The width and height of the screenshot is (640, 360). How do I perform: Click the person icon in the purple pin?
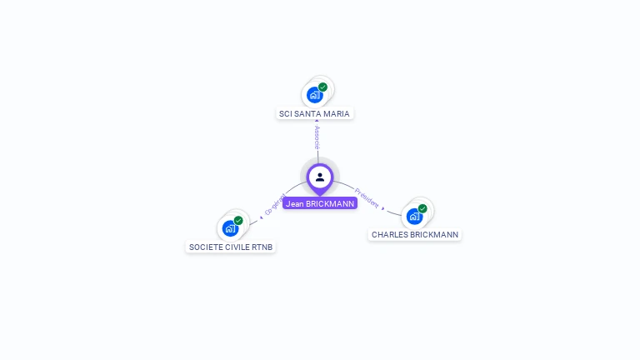(x=320, y=177)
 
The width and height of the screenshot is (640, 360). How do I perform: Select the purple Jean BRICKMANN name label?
(x=320, y=203)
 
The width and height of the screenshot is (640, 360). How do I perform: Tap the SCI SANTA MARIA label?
(x=315, y=113)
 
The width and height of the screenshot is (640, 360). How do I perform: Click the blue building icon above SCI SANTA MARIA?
(x=314, y=95)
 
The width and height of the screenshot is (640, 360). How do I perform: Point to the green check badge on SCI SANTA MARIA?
(x=322, y=87)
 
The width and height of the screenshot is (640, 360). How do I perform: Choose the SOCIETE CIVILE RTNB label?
(x=231, y=247)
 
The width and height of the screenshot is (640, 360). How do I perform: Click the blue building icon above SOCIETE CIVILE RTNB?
(x=230, y=228)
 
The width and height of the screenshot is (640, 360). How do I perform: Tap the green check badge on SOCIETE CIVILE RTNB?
(x=238, y=221)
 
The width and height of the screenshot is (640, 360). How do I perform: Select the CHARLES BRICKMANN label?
(x=415, y=235)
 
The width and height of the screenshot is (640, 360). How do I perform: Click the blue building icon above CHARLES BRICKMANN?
(x=414, y=217)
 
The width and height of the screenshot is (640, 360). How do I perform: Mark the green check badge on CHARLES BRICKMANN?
(x=422, y=208)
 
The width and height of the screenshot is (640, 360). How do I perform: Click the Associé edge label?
(x=317, y=137)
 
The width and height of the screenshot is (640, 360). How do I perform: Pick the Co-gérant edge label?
(x=275, y=205)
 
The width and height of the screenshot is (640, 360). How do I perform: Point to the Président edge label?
(x=366, y=197)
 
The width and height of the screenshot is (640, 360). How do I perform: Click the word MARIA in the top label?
(x=336, y=113)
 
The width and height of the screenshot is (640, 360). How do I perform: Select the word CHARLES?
(x=389, y=235)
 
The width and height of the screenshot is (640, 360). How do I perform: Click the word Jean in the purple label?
(x=294, y=203)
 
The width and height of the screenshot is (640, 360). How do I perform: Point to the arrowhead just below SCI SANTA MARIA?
(x=317, y=122)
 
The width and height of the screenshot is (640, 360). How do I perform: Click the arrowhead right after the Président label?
(x=383, y=208)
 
